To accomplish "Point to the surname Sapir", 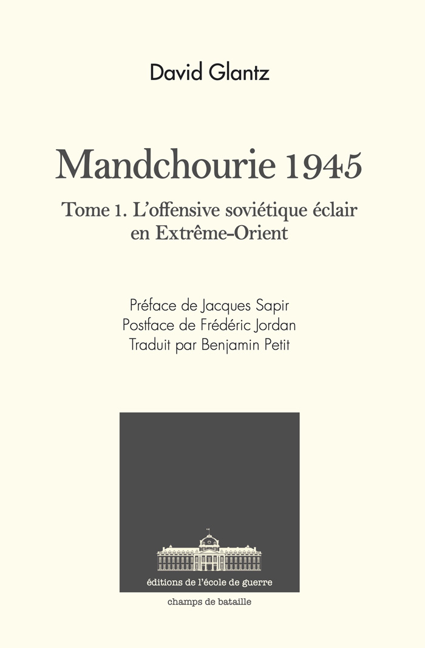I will [280, 305].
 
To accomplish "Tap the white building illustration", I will [209, 555].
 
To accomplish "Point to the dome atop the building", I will [209, 538].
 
